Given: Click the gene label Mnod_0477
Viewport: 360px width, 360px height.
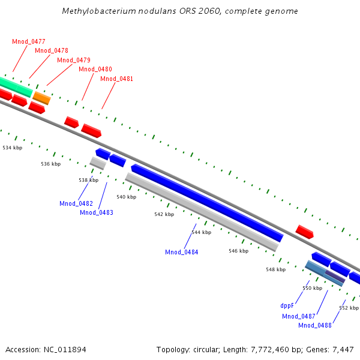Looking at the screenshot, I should pos(29,41).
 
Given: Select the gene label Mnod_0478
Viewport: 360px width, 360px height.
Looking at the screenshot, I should pos(52,50).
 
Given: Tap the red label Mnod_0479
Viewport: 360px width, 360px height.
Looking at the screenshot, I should pos(74,60).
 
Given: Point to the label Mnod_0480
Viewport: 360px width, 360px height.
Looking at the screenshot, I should pos(95,70).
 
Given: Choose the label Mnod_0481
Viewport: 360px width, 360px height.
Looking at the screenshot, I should pos(116,79).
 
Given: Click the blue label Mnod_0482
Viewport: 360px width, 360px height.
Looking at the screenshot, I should pos(76,203).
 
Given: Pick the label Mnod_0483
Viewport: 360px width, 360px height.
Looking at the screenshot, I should pos(97,212).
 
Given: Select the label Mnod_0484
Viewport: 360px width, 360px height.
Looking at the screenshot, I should pos(182,252).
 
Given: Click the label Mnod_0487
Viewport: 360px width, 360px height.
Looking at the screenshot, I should pos(299,316).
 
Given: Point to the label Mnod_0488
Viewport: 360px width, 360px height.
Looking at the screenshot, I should pos(315,325).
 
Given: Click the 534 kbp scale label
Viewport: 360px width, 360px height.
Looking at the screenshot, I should pos(13,147).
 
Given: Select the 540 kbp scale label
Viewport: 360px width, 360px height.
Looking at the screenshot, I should pos(126,197).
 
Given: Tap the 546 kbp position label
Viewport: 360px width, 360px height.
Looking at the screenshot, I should pos(238,251).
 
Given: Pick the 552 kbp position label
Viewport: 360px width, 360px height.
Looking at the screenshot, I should pos(349,308).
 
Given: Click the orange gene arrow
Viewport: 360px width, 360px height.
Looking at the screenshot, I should pos(41,98).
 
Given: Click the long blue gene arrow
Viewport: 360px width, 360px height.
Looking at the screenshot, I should pos(207,202).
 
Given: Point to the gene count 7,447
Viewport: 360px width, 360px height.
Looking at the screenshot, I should pos(344,349).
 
